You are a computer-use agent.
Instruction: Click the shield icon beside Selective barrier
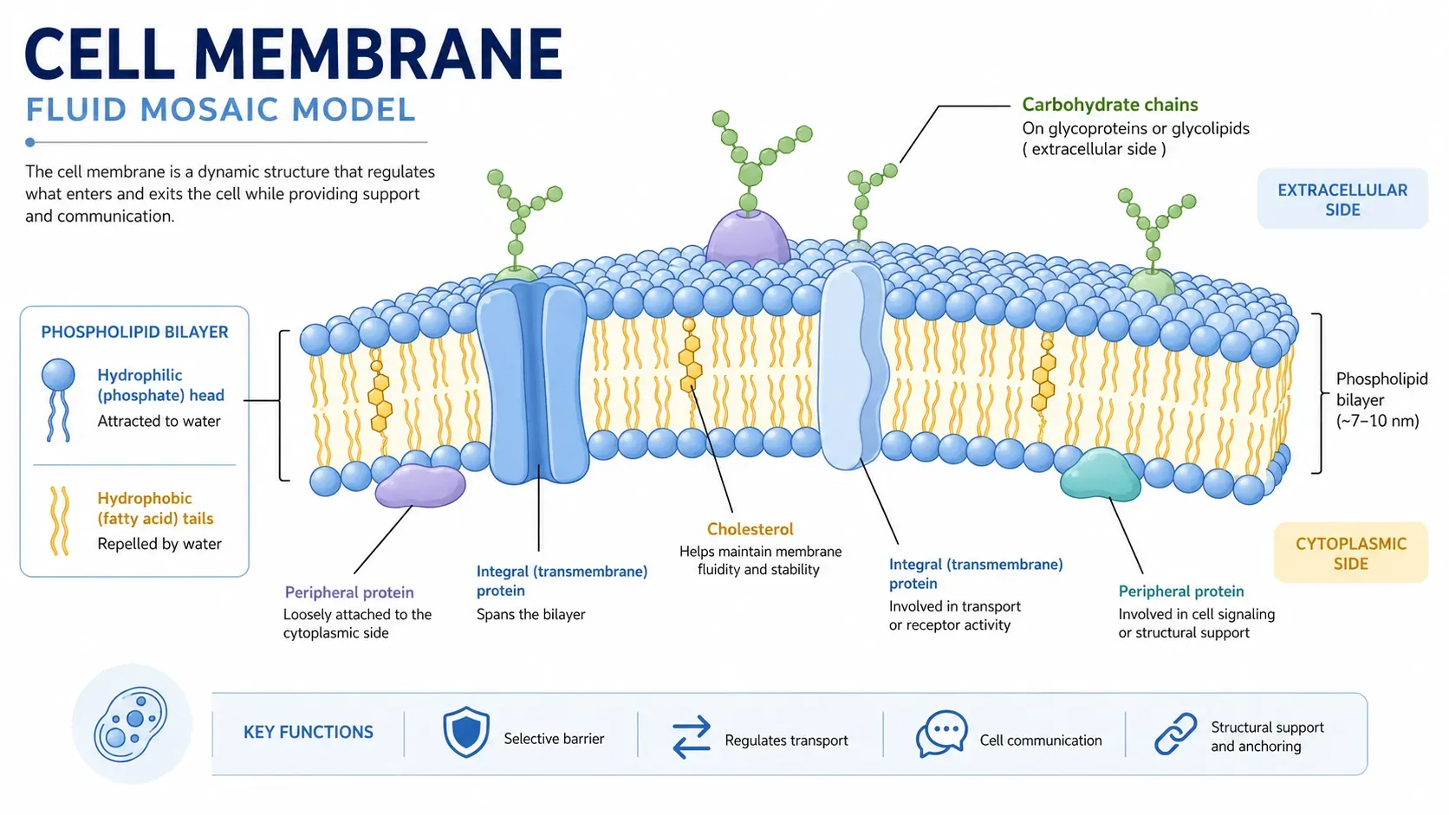tap(465, 732)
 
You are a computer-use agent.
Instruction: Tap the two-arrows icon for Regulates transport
tap(691, 737)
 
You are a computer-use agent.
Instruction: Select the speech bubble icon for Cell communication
tap(942, 734)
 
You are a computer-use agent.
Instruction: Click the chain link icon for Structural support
tap(1176, 734)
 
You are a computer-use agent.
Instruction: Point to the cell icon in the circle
tap(131, 724)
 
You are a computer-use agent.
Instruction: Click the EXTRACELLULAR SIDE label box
tap(1342, 199)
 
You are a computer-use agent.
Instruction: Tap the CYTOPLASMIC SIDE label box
tap(1351, 553)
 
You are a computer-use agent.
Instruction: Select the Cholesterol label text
tap(750, 529)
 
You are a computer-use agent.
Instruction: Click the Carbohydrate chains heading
tap(1109, 105)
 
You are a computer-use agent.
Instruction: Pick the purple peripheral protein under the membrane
tap(419, 486)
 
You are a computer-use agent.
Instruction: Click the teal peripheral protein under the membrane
tap(1101, 475)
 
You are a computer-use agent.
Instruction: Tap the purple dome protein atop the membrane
tap(748, 237)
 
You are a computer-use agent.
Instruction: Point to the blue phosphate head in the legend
tap(58, 375)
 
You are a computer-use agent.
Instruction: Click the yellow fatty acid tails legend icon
tap(60, 521)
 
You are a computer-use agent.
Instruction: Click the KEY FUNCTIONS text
tap(308, 732)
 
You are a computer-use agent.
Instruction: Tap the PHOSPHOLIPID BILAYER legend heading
tap(134, 333)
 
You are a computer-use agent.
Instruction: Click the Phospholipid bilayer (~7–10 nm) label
tap(1381, 400)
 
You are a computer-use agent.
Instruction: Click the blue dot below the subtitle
tap(29, 142)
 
